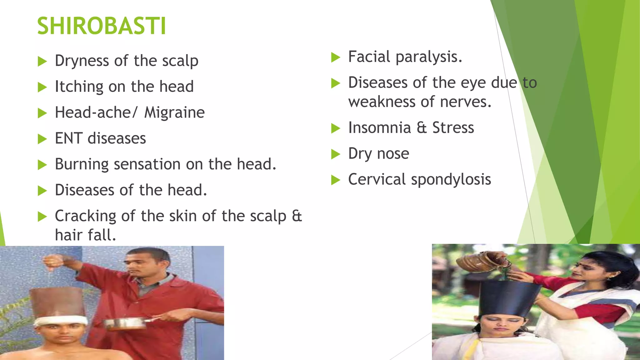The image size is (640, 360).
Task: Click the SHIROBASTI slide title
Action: click(102, 26)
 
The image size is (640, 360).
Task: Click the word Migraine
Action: click(174, 112)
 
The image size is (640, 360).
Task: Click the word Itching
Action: click(79, 87)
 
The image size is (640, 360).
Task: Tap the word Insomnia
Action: click(379, 128)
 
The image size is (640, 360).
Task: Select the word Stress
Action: click(453, 128)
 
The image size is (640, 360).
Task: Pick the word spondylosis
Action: click(451, 180)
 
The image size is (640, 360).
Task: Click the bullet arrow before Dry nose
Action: click(335, 154)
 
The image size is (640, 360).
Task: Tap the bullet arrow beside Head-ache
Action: click(42, 113)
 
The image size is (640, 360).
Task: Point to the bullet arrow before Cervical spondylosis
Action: click(335, 180)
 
